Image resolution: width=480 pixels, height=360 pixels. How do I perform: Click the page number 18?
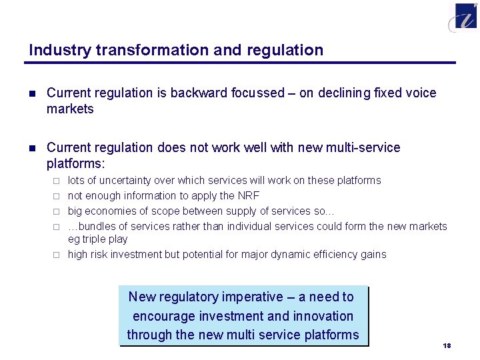point(447,345)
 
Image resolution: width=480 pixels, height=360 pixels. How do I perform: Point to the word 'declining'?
point(343,93)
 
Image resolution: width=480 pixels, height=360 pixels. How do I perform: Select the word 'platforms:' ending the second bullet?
point(76,163)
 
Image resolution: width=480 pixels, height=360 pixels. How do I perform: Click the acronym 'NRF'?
point(248,196)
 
